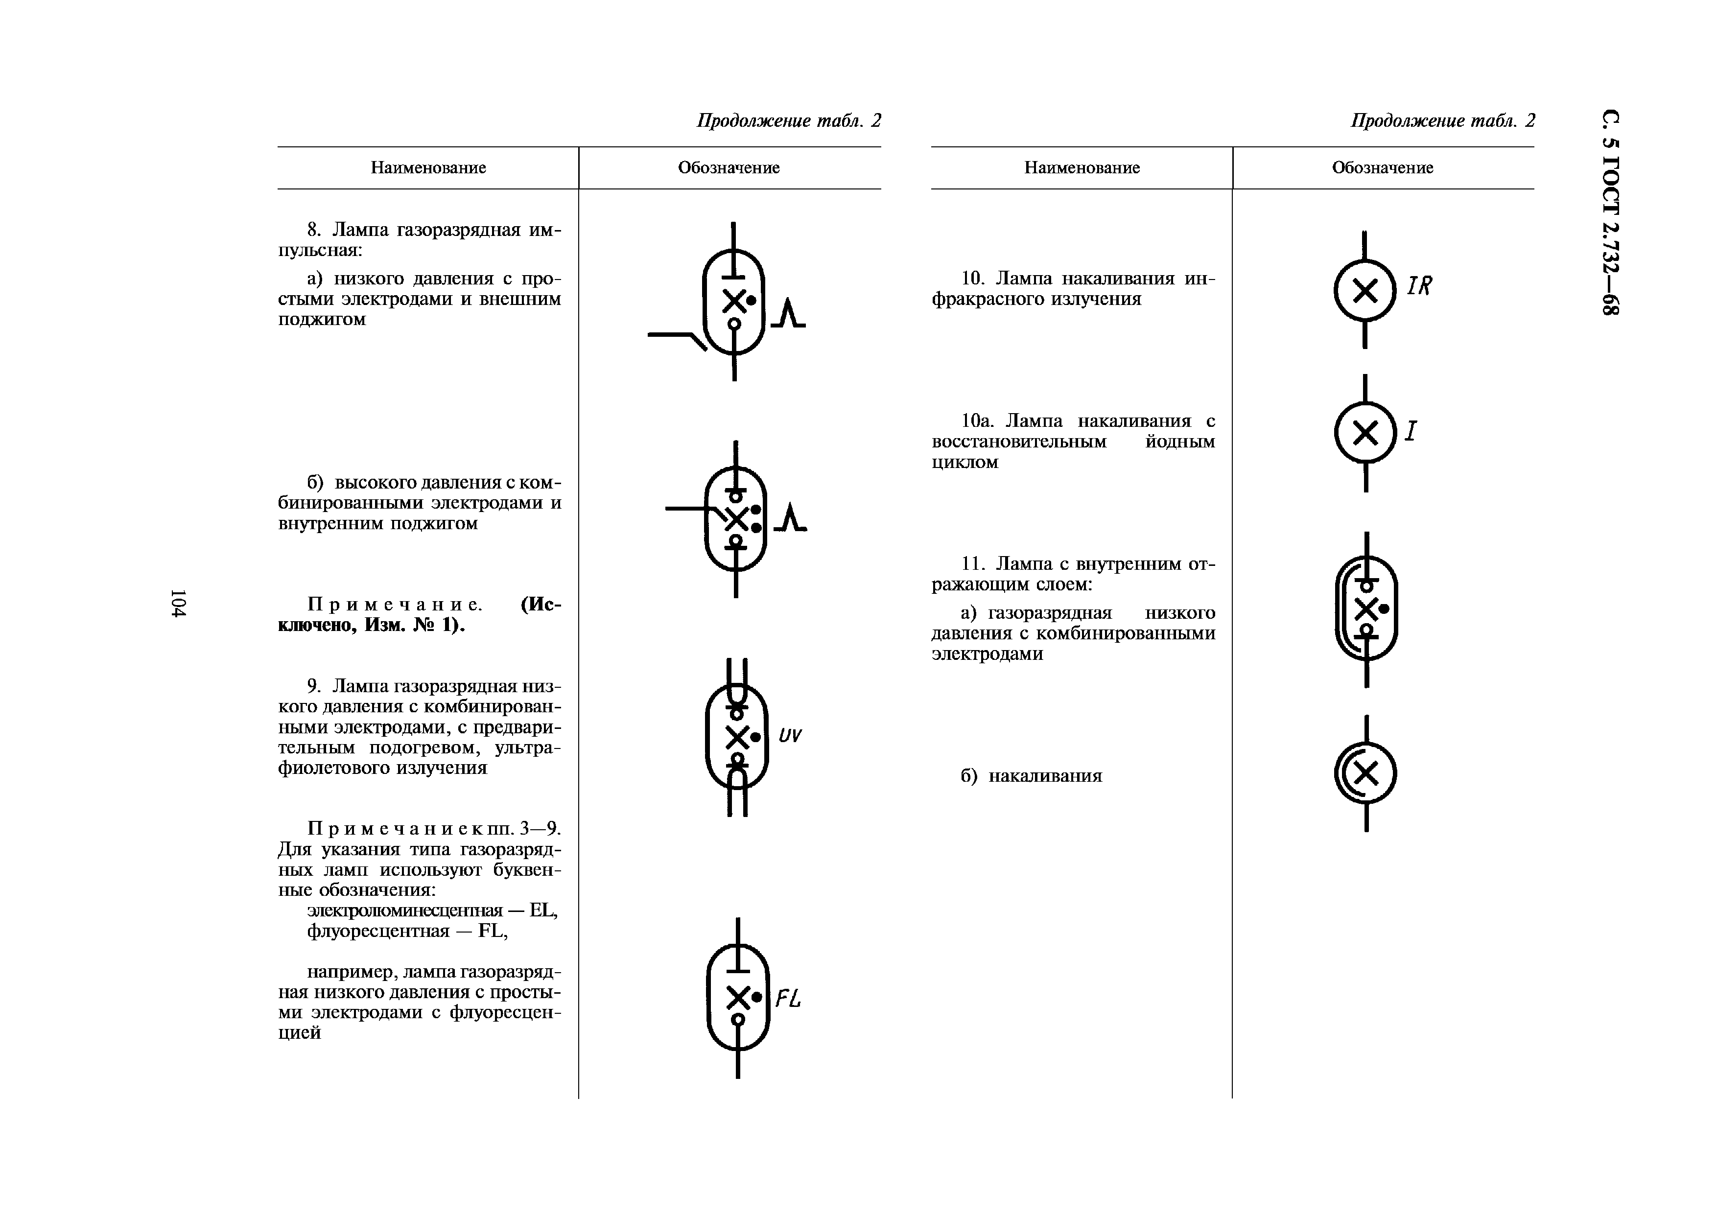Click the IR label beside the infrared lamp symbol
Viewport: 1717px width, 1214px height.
(x=1419, y=285)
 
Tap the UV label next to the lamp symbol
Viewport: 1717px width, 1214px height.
(x=790, y=736)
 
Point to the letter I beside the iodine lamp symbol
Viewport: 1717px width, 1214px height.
(x=1411, y=431)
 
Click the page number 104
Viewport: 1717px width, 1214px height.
(x=178, y=603)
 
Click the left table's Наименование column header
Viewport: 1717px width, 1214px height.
(x=428, y=167)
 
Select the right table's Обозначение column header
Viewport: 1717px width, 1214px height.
(x=1382, y=167)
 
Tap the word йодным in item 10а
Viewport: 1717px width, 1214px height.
(x=1180, y=441)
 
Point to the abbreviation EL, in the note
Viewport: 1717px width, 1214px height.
(x=543, y=910)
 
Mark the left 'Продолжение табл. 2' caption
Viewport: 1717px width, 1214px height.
(x=788, y=120)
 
